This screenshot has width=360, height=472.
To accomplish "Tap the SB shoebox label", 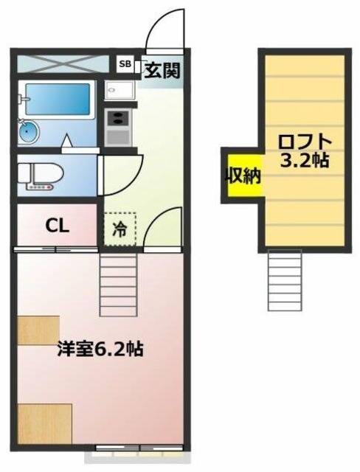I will click(125, 65).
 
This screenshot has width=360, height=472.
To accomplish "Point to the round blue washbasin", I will click(30, 133).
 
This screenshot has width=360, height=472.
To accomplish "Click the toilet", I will click(41, 176).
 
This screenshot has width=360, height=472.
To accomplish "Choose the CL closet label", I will click(58, 226).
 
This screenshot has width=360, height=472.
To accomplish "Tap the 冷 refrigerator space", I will click(119, 228).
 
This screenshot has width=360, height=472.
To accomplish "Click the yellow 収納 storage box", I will click(243, 176).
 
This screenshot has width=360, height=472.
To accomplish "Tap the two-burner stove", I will click(117, 127).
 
